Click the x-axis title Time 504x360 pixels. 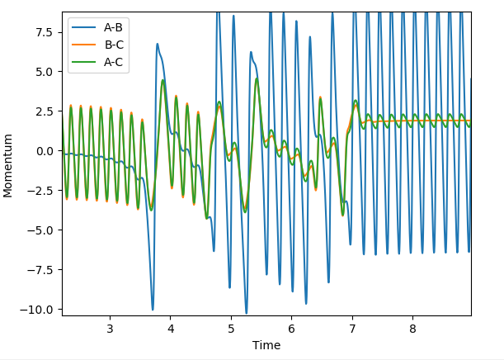coord(266,345)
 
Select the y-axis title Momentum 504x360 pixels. coord(9,163)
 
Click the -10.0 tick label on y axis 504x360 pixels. coord(40,310)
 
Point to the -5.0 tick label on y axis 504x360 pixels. coord(42,230)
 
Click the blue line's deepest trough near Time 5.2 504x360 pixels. coord(246,313)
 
